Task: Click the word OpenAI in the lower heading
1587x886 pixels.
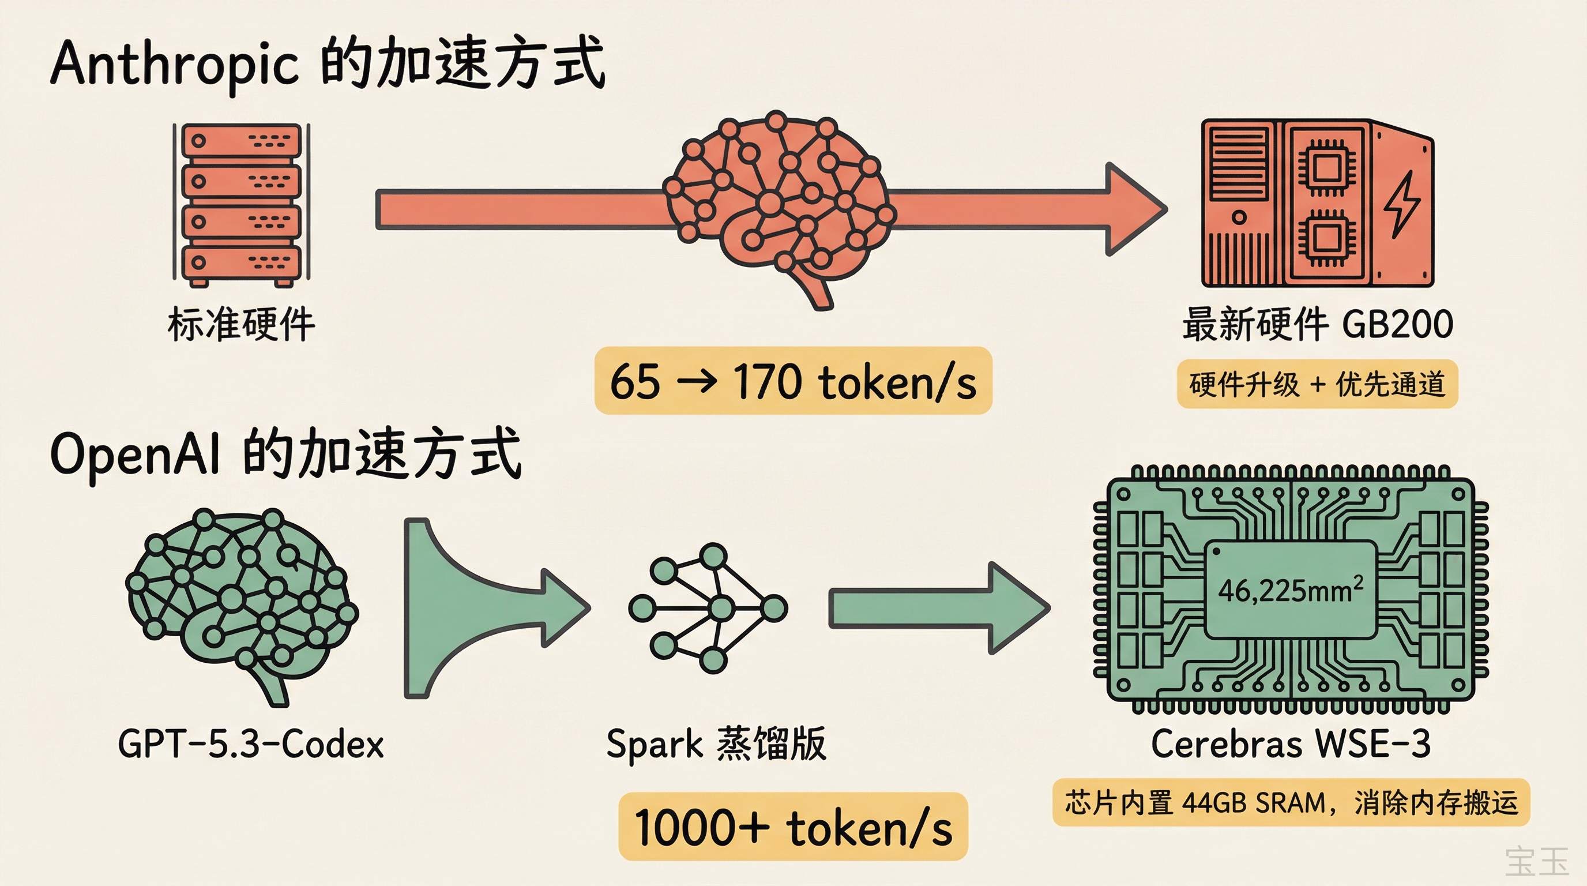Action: click(134, 454)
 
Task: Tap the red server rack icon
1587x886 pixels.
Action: click(241, 204)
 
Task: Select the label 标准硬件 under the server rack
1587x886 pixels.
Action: click(241, 324)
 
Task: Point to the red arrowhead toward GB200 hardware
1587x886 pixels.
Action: click(1134, 209)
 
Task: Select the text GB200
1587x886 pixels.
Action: click(1397, 324)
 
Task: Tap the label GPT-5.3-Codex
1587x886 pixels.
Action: click(251, 744)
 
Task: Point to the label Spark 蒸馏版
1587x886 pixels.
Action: click(716, 744)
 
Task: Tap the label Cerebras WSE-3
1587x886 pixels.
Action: click(1290, 744)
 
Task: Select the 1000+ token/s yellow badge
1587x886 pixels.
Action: click(793, 827)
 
